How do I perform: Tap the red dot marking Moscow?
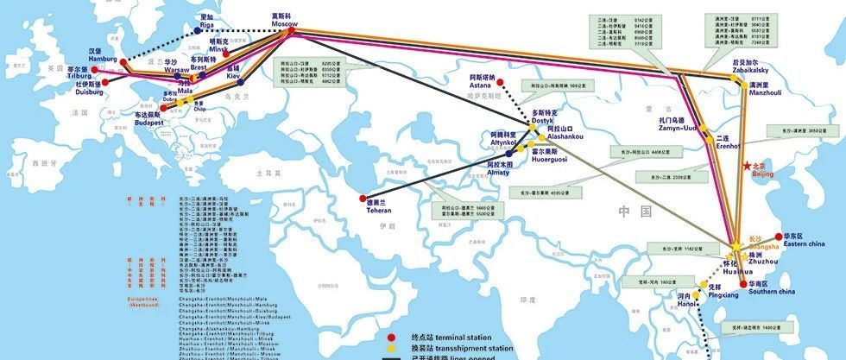291,31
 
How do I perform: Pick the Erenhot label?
729,144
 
